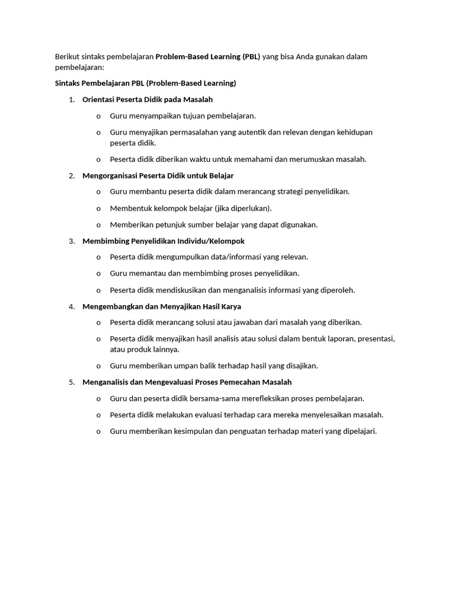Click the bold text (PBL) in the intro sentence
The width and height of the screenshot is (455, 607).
pyautogui.click(x=251, y=57)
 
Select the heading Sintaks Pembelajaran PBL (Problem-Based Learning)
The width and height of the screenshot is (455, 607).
pyautogui.click(x=145, y=83)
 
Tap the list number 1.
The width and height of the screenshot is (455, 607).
pyautogui.click(x=71, y=100)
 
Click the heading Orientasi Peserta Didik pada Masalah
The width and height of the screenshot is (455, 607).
pyautogui.click(x=148, y=100)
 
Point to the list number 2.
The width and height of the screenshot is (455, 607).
pyautogui.click(x=71, y=176)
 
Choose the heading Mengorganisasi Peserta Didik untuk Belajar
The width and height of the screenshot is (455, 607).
pyautogui.click(x=158, y=176)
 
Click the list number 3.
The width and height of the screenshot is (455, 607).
pyautogui.click(x=71, y=241)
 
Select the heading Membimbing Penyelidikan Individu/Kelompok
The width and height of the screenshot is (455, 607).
pyautogui.click(x=164, y=241)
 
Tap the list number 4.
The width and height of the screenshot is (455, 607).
pyautogui.click(x=71, y=306)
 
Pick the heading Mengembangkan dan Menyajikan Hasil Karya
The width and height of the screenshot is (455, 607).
pyautogui.click(x=162, y=306)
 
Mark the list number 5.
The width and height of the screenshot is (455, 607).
pyautogui.click(x=71, y=382)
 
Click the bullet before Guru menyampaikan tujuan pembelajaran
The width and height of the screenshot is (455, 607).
pyautogui.click(x=98, y=116)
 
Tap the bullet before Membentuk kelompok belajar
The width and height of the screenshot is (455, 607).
pyautogui.click(x=98, y=209)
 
